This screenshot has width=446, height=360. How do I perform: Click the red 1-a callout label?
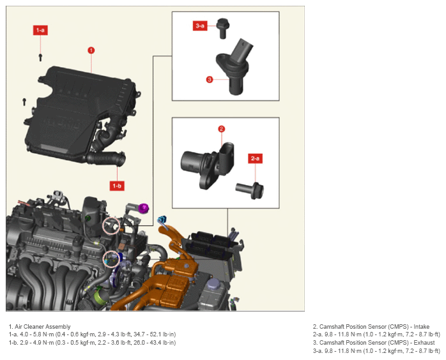tap(40, 30)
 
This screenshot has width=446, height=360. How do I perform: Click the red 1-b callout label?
tap(117, 186)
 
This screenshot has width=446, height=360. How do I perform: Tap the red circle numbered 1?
tap(91, 50)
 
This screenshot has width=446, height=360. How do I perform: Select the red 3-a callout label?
tap(200, 26)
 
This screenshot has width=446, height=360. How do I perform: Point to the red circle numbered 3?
tap(210, 80)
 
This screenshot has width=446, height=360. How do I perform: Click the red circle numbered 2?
tap(222, 129)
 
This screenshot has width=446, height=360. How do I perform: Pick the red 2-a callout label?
tap(255, 158)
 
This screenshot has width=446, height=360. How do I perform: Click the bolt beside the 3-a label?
tap(223, 28)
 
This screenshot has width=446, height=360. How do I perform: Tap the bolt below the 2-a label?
tap(250, 190)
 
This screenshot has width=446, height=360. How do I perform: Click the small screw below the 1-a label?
tap(40, 57)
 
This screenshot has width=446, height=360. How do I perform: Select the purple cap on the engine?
tap(144, 208)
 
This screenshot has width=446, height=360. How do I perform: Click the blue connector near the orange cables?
tap(162, 220)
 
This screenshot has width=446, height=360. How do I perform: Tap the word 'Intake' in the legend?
tap(421, 326)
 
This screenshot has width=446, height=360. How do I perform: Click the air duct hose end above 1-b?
tap(121, 160)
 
